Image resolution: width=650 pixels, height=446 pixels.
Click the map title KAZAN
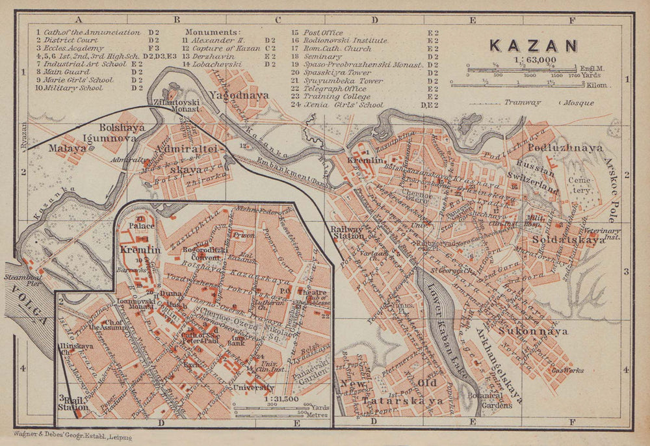(533, 46)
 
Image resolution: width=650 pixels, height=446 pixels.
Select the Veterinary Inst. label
(602, 234)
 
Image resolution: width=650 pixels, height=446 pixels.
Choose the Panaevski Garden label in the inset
(305, 373)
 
